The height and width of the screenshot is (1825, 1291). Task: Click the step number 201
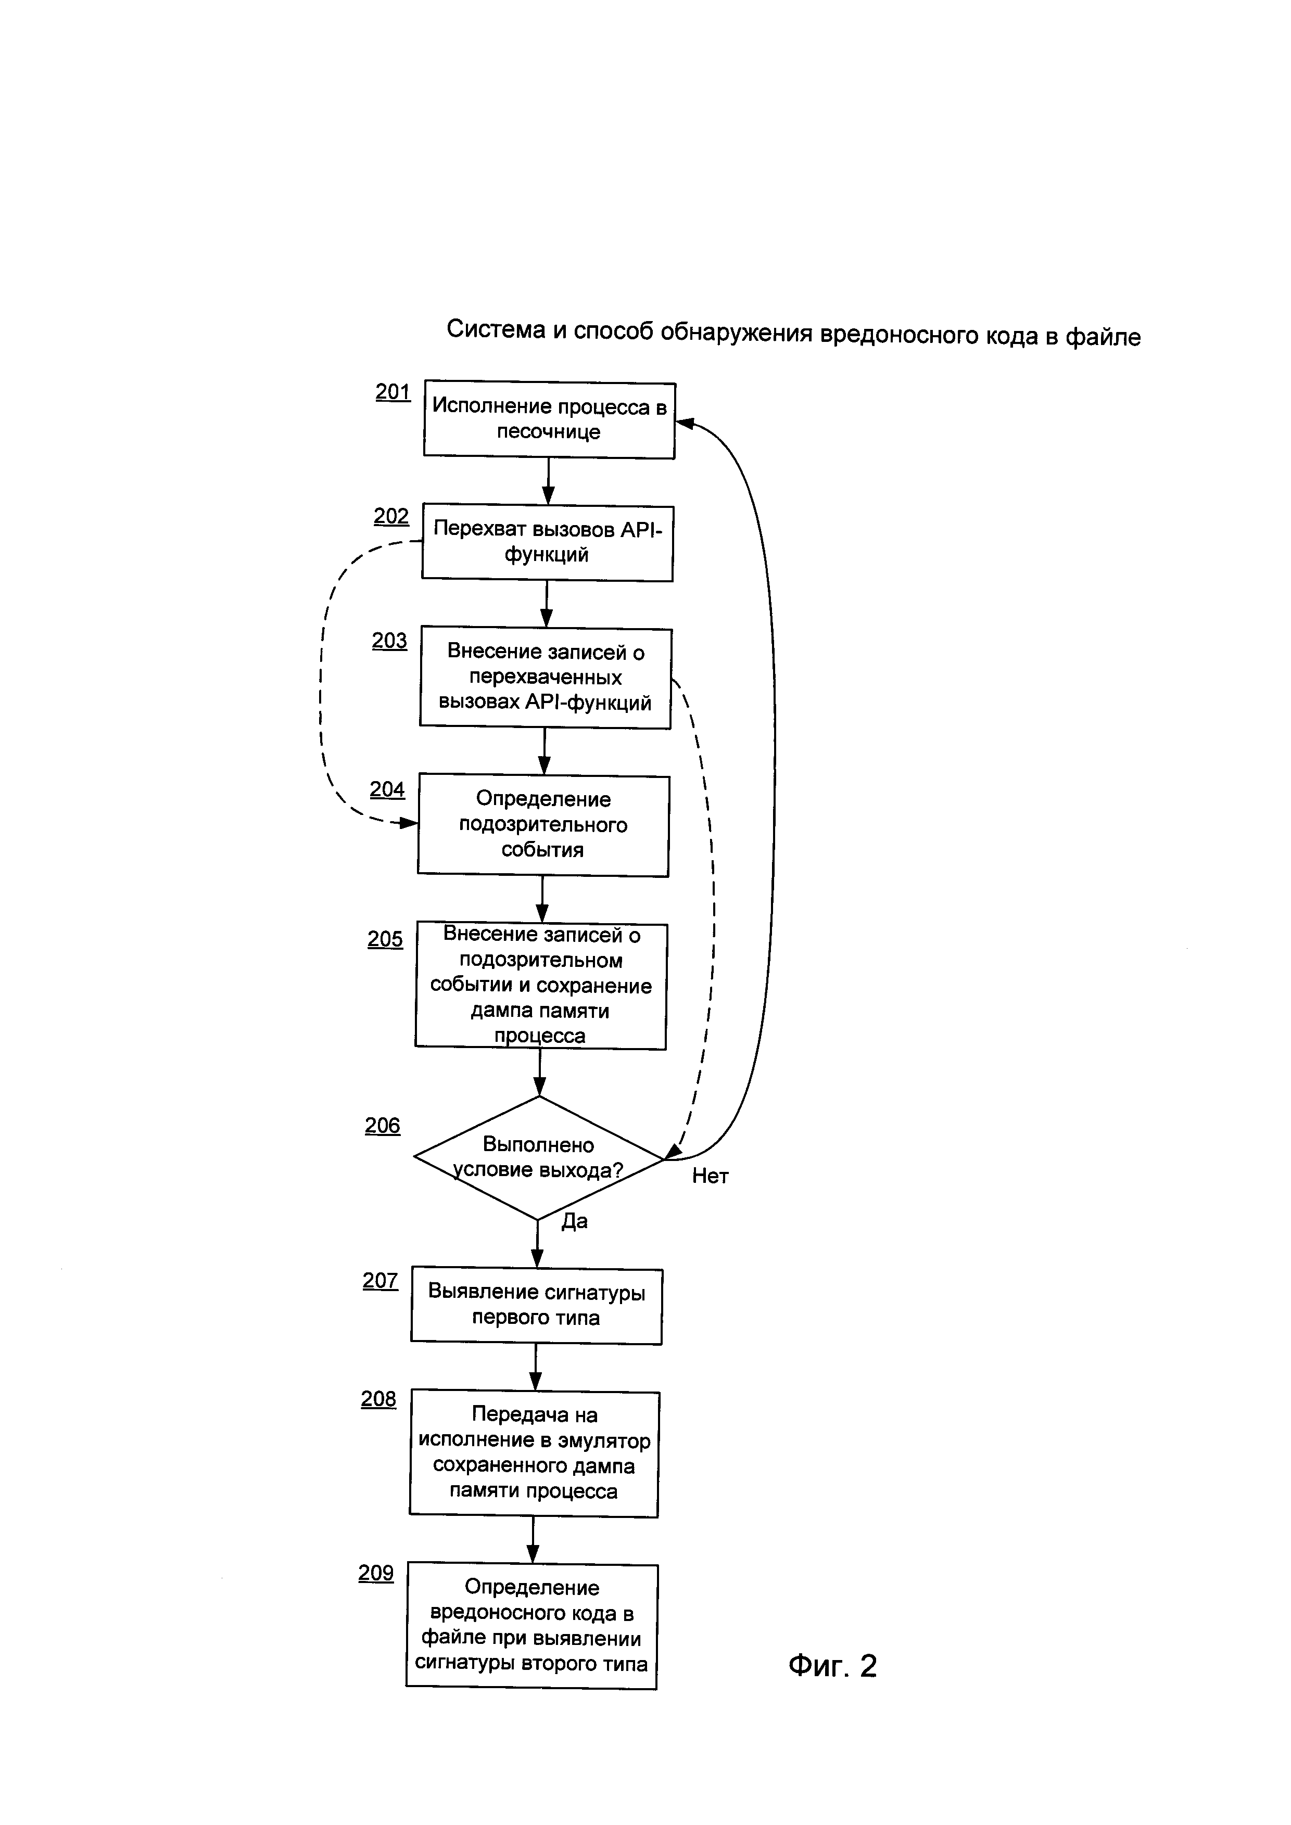[x=393, y=392]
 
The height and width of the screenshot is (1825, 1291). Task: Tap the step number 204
[x=387, y=789]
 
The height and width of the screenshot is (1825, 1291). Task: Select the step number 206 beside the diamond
[x=383, y=1126]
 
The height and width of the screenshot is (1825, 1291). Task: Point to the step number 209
[x=376, y=1573]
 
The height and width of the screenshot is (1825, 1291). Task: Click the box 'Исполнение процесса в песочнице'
[x=549, y=419]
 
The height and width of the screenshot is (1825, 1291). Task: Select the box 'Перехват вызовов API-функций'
[x=547, y=543]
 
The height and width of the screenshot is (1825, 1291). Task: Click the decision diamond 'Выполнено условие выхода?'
[x=539, y=1158]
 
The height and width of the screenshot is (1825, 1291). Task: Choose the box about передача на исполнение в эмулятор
[x=534, y=1454]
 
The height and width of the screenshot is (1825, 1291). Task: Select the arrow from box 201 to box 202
[x=548, y=481]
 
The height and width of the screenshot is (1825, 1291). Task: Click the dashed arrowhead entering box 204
[x=409, y=823]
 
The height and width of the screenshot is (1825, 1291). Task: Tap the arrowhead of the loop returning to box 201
[x=685, y=424]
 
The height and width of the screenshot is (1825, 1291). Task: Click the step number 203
[x=389, y=641]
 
